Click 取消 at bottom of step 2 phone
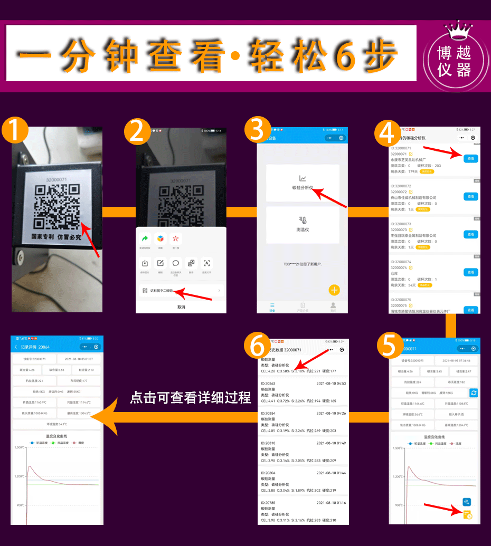181,307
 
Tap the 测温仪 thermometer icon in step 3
303,221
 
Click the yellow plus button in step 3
334,290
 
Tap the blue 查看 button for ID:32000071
470,158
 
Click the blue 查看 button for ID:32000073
470,234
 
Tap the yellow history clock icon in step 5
467,515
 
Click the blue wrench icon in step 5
466,502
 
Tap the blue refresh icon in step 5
474,392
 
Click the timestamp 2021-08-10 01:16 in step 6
331,503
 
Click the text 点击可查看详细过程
191,398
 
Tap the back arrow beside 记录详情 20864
15,347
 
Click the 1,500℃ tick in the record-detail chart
20,448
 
